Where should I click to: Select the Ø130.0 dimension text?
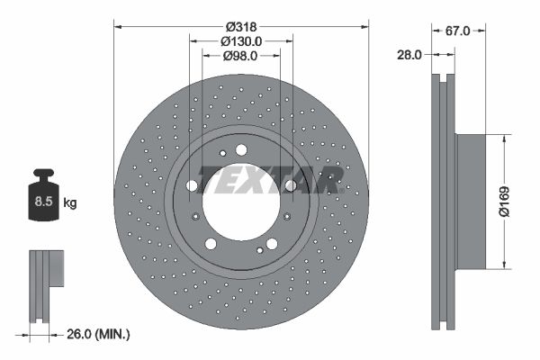241,40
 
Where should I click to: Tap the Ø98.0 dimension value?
240,56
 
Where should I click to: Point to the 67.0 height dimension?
459,30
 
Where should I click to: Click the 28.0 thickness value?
409,55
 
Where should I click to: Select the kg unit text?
70,203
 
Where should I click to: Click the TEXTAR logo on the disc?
271,179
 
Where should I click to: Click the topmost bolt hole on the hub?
241,150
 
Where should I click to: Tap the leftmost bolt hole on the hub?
192,186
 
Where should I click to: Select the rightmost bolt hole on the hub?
290,186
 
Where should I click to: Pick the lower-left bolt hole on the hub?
211,243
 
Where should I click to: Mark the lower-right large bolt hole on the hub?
271,243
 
